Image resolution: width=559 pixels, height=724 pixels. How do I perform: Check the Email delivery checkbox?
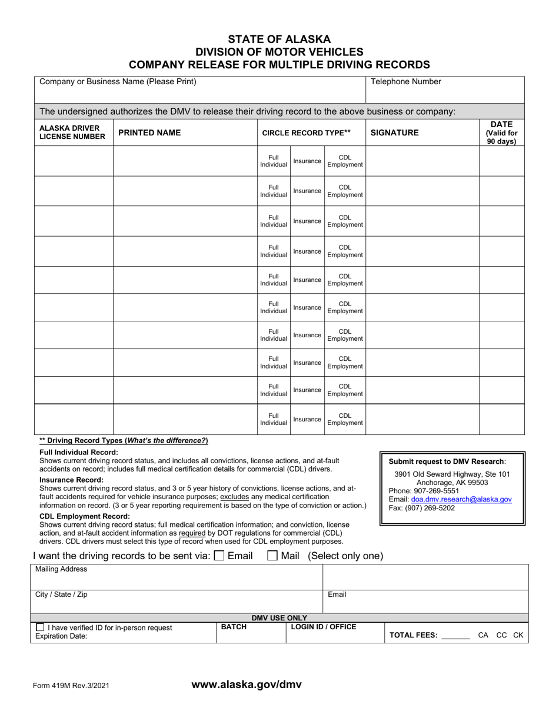(x=219, y=555)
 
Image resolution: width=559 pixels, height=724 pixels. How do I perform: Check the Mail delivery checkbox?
(x=272, y=555)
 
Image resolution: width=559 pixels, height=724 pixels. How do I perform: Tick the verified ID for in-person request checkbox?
(x=40, y=627)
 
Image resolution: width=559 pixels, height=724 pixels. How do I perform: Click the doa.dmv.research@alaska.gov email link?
(x=461, y=499)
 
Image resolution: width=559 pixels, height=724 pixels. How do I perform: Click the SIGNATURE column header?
(x=394, y=133)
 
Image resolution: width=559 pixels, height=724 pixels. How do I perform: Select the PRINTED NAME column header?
(x=149, y=133)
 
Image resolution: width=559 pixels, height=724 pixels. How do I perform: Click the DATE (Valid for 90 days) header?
(x=501, y=133)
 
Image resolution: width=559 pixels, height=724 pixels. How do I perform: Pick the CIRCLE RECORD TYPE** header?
(x=306, y=133)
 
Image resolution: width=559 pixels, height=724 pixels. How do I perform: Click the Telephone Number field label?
(x=405, y=82)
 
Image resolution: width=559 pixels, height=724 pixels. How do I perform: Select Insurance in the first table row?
(x=307, y=161)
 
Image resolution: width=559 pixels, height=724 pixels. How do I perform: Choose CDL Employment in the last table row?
(x=345, y=419)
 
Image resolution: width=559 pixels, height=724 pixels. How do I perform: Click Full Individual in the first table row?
(x=274, y=161)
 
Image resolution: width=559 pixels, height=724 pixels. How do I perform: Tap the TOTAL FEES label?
(x=414, y=635)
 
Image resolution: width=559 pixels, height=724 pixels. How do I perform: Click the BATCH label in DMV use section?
(x=234, y=627)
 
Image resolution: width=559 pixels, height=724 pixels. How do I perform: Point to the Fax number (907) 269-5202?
(x=421, y=508)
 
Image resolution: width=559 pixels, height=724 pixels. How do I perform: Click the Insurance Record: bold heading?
(x=71, y=480)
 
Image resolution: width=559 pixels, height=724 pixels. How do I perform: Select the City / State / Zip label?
(x=61, y=595)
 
